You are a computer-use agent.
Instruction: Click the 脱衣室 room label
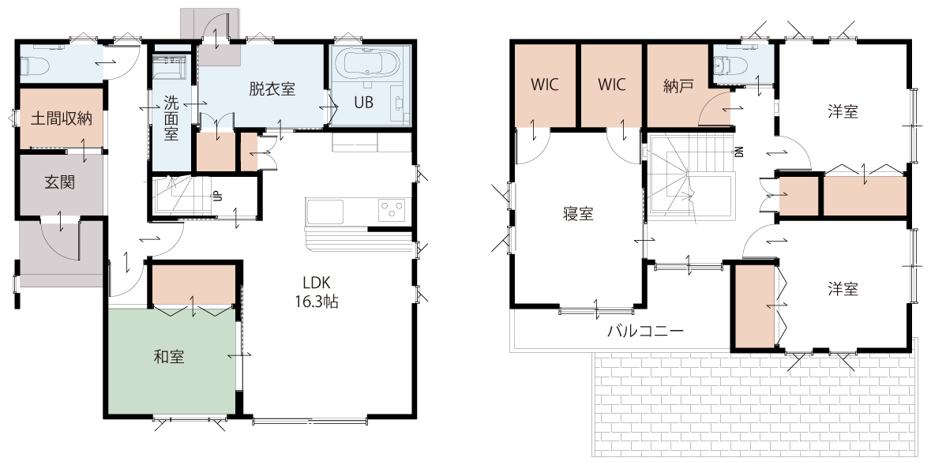click(x=272, y=90)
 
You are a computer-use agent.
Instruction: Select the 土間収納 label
click(x=61, y=118)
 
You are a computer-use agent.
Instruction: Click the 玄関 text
click(x=60, y=182)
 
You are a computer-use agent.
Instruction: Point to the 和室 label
click(x=169, y=357)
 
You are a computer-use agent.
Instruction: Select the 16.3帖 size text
click(x=317, y=302)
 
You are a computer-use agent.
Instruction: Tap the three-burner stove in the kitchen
click(x=392, y=210)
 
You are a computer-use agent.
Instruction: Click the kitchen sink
click(x=325, y=212)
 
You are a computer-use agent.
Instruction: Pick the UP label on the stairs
click(x=218, y=196)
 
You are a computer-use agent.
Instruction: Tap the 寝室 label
click(x=578, y=214)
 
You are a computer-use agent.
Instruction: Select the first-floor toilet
click(x=35, y=66)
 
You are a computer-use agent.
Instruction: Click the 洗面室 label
click(x=171, y=118)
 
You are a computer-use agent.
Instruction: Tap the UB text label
click(x=364, y=102)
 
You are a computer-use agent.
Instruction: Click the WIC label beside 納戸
click(x=611, y=85)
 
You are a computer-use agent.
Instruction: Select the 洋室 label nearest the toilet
click(x=843, y=111)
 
